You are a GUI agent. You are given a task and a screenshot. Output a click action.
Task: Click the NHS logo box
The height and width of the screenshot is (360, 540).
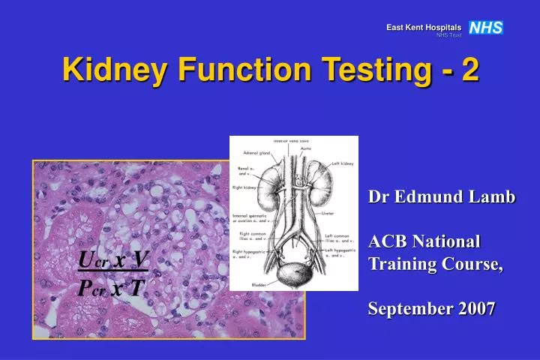coord(485,28)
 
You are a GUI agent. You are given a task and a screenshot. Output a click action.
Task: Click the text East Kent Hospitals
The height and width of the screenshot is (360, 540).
coord(424,28)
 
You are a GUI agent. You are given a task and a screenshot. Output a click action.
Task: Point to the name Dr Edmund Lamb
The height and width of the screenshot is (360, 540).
coord(442,197)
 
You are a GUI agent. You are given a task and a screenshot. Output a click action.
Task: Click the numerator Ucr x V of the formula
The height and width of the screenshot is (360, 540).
coord(113,259)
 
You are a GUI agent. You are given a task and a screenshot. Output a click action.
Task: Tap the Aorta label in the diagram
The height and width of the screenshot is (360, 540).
coord(306,148)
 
